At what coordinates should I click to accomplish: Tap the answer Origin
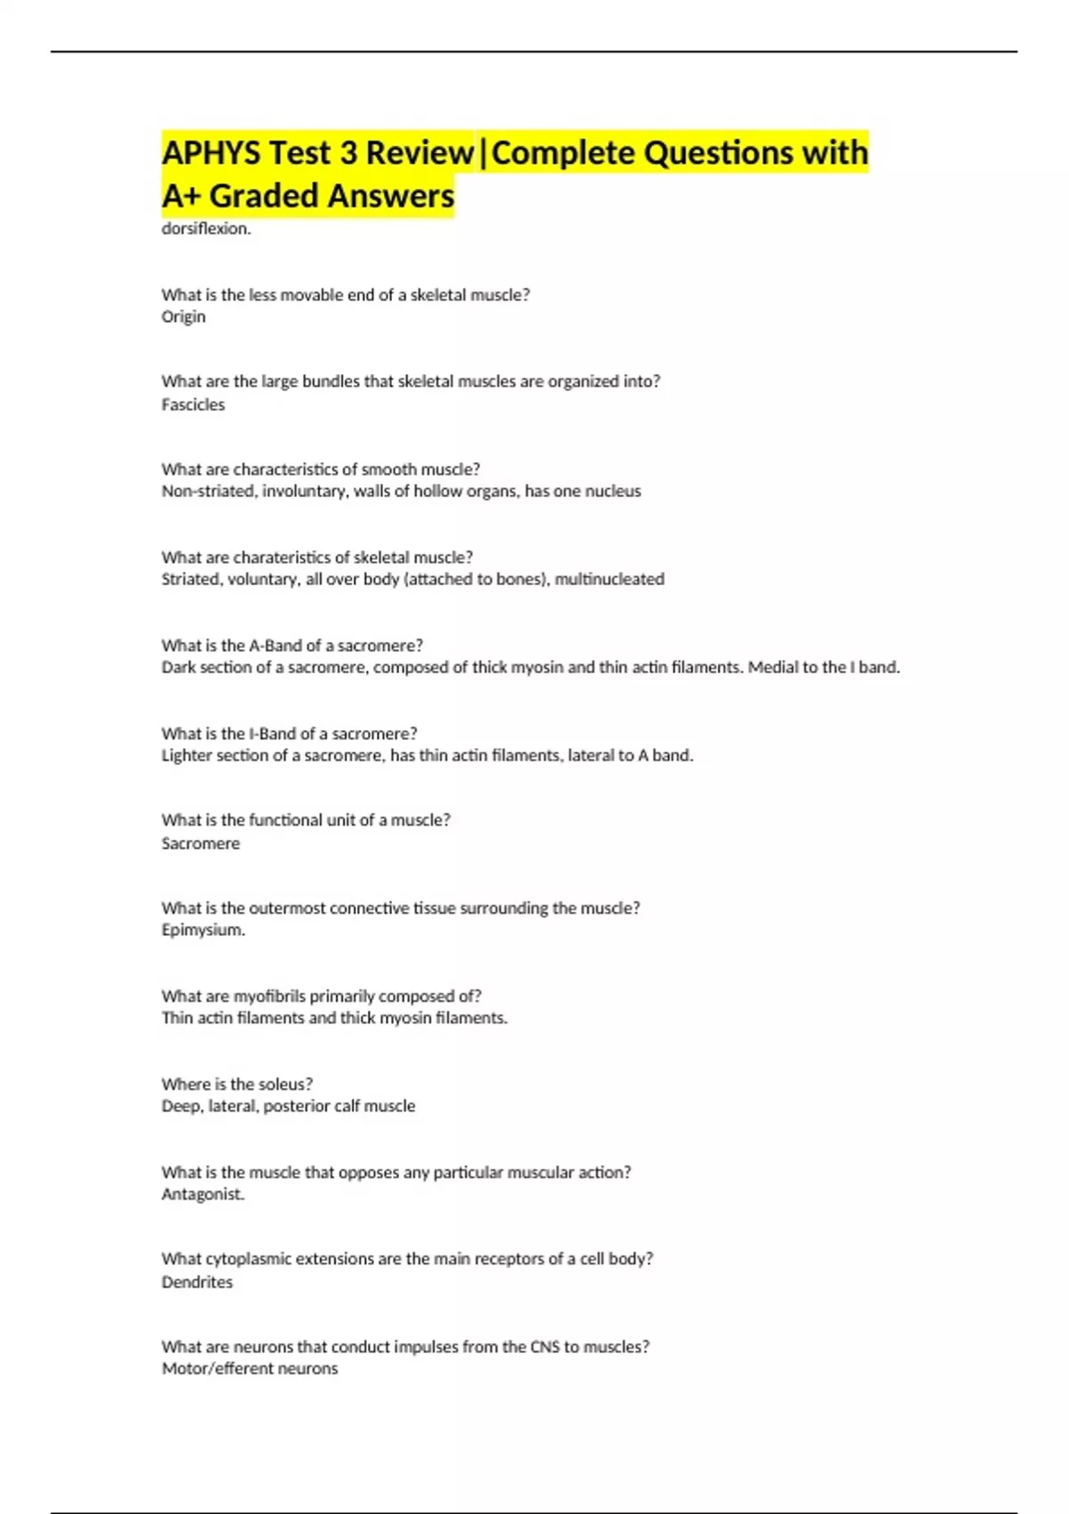[x=184, y=317]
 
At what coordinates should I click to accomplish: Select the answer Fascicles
[x=193, y=404]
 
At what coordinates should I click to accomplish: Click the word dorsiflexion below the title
[x=206, y=229]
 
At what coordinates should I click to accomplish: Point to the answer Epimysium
[x=202, y=930]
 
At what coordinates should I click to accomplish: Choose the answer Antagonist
[x=202, y=1194]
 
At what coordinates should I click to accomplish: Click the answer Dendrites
[x=197, y=1282]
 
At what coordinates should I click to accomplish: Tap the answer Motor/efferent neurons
[x=249, y=1369]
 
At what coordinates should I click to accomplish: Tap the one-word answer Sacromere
[x=200, y=843]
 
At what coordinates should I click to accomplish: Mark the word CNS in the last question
[x=544, y=1347]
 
